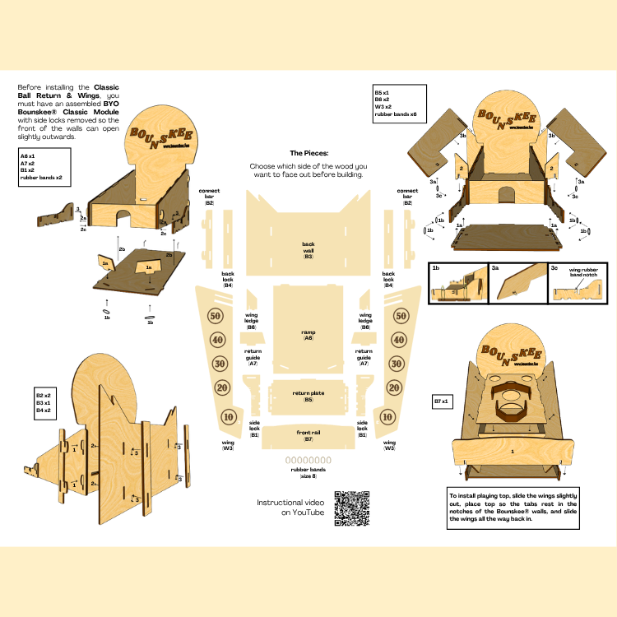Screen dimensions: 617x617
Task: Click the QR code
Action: pyautogui.click(x=352, y=508)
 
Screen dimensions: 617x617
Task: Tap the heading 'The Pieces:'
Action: pyautogui.click(x=308, y=153)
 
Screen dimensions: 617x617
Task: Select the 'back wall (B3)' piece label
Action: pyautogui.click(x=308, y=250)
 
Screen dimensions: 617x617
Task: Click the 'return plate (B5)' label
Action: pyautogui.click(x=308, y=396)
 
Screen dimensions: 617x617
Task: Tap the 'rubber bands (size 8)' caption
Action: pyautogui.click(x=308, y=472)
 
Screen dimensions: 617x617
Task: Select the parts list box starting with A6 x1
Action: pyautogui.click(x=43, y=166)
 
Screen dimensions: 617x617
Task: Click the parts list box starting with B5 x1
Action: pyautogui.click(x=399, y=102)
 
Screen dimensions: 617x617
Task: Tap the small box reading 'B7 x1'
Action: pyautogui.click(x=445, y=401)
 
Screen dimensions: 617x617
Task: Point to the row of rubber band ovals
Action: pyautogui.click(x=308, y=460)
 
